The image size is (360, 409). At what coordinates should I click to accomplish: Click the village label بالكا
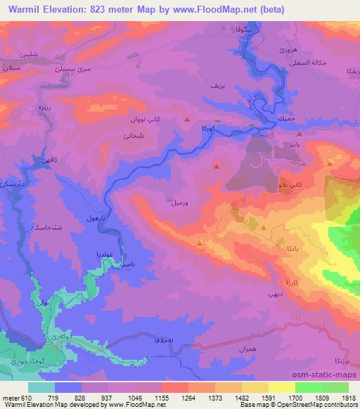click(x=287, y=249)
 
